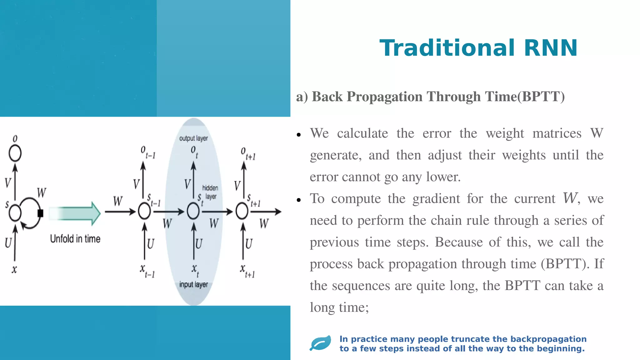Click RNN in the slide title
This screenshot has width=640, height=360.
[x=551, y=48]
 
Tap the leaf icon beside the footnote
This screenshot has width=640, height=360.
[x=321, y=343]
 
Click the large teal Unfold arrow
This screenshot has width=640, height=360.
[x=75, y=213]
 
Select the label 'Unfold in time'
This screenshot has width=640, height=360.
[x=75, y=239]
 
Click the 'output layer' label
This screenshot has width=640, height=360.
[x=193, y=138]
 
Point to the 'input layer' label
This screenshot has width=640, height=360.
[x=193, y=284]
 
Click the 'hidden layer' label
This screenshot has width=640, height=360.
[x=210, y=192]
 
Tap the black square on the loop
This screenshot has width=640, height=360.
[x=40, y=213]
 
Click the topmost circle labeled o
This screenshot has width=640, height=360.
[x=15, y=153]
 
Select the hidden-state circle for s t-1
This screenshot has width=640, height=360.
[x=144, y=211]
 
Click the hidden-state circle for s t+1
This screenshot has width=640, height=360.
[x=242, y=211]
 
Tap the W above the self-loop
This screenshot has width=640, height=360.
[x=42, y=193]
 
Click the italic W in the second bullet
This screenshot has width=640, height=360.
[x=570, y=198]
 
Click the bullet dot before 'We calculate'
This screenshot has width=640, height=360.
[x=299, y=135]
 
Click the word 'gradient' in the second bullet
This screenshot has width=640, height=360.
[x=436, y=199]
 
